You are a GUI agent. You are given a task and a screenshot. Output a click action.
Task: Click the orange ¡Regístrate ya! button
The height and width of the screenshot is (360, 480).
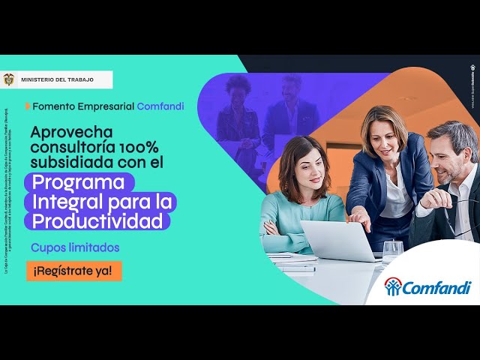73,271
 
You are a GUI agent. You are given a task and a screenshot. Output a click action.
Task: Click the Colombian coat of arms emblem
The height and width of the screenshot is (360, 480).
10,79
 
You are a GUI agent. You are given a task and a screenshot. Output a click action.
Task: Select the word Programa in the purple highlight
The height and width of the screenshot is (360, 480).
79,182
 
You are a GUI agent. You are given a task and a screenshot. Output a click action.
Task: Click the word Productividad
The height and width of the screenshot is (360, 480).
97,221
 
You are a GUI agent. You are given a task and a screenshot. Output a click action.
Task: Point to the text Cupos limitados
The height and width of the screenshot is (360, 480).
75,247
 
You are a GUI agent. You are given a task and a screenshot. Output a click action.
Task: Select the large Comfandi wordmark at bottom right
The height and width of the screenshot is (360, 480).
437,287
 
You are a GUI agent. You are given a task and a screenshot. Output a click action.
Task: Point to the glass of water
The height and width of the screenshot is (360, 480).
392,250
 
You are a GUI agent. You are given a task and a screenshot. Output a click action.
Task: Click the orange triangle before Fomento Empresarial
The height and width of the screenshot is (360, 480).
28,106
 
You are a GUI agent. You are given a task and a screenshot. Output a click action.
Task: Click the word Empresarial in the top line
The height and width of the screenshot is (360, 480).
104,106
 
